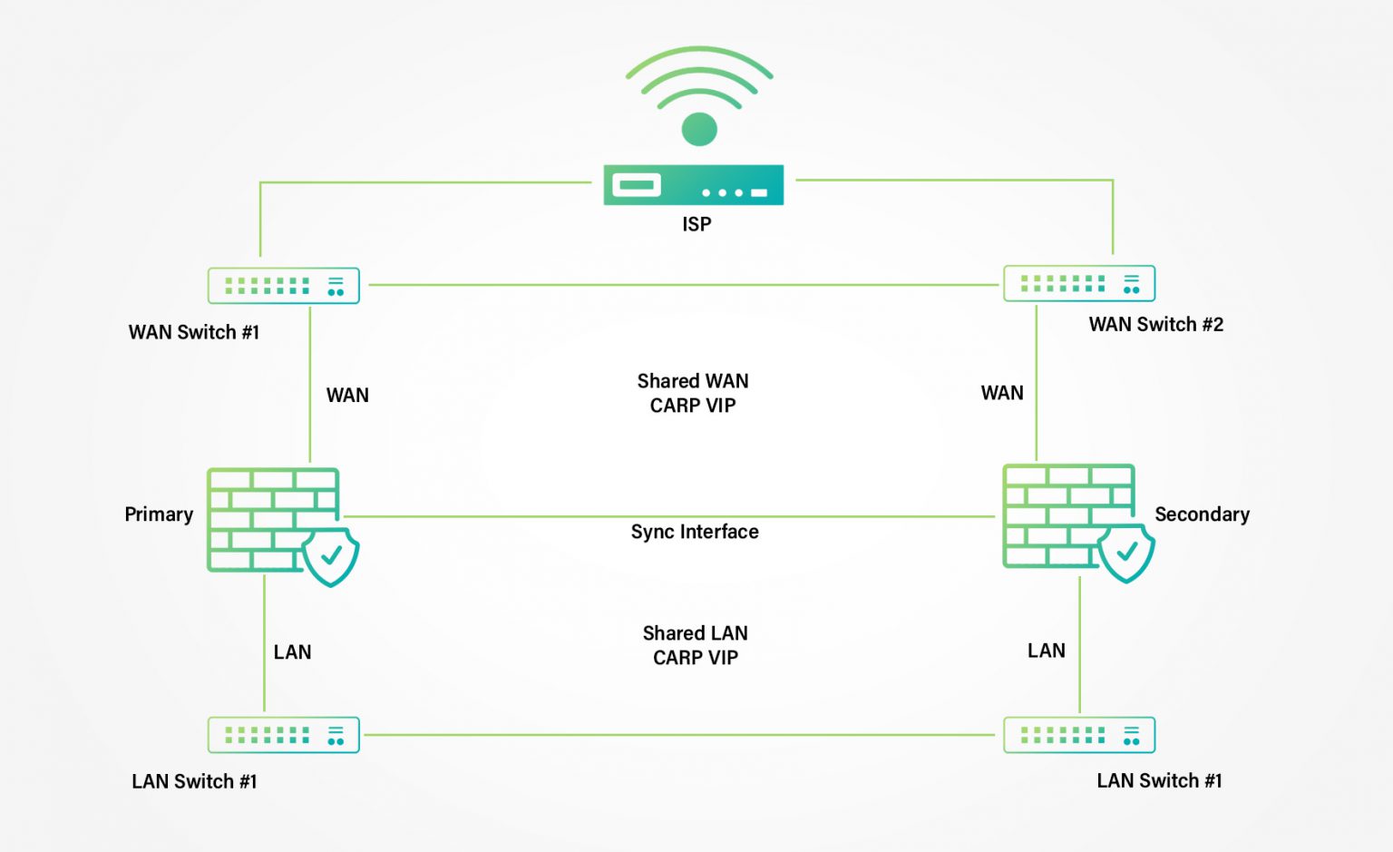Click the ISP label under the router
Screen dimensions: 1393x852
coord(696,224)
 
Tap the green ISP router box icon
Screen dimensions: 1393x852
coord(694,185)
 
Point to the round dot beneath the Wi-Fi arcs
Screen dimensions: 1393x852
coord(699,129)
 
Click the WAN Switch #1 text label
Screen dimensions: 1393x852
coord(193,332)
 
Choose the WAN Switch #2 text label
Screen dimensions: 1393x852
coord(1156,324)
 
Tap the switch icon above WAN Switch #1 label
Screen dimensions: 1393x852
coord(284,286)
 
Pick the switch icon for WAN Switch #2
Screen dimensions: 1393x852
coord(1079,283)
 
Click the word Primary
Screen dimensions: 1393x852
coord(159,514)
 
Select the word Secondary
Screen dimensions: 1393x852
coord(1202,514)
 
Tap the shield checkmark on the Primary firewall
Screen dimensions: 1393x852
coord(331,555)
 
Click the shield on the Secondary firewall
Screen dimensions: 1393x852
coord(1126,552)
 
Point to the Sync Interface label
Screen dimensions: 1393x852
coord(695,532)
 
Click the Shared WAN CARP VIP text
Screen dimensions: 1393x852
coord(693,393)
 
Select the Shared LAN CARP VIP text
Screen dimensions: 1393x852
coord(696,645)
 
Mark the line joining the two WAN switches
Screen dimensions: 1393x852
coord(684,285)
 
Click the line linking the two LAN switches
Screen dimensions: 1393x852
coord(679,735)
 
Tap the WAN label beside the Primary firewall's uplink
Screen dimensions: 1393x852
coord(347,396)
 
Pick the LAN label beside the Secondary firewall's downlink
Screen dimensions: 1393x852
coord(1046,651)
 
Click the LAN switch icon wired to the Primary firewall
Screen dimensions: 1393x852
coord(284,735)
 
